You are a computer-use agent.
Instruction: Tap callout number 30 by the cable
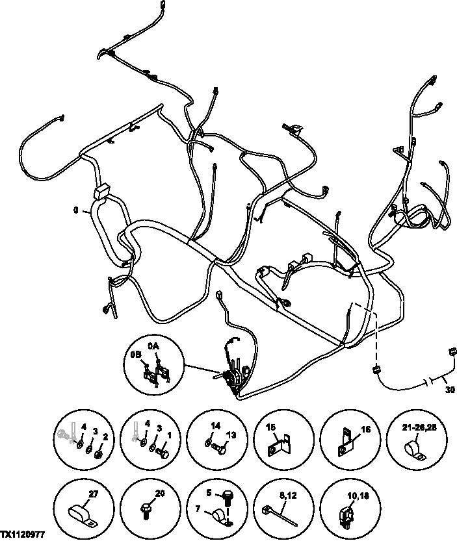pyautogui.click(x=449, y=390)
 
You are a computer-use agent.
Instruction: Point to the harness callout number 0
pyautogui.click(x=77, y=211)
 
